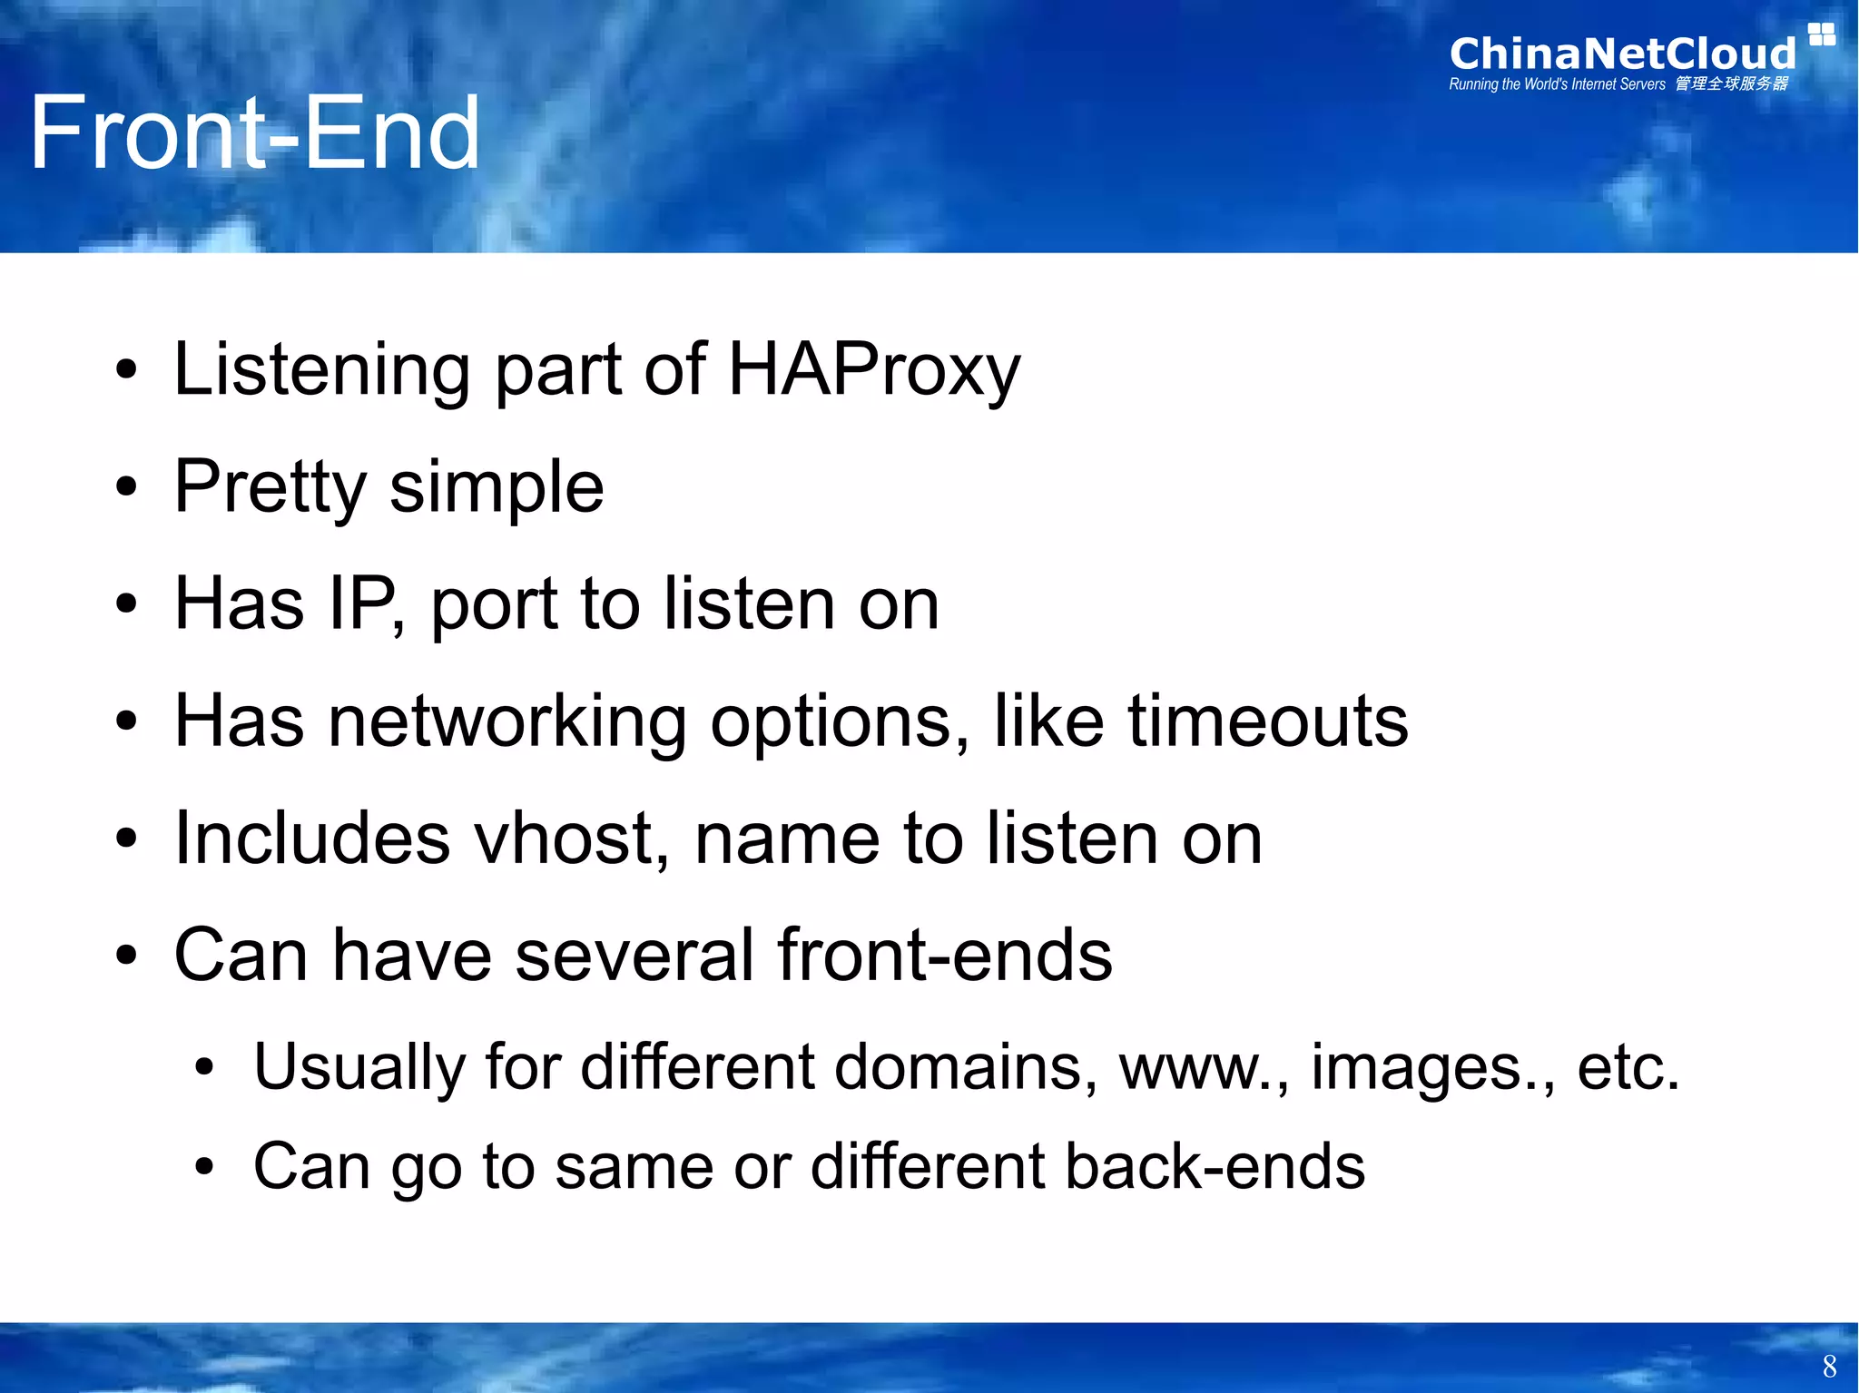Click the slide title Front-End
pos(254,134)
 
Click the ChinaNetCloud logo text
pos(1622,54)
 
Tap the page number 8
pos(1829,1366)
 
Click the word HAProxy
pos(874,370)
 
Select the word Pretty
pos(270,488)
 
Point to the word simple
pos(497,488)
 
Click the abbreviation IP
pos(362,604)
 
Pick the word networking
pos(507,721)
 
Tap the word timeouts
pos(1267,721)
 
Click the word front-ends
pos(944,956)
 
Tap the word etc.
pos(1628,1067)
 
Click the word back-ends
pos(1215,1167)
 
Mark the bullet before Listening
pos(126,371)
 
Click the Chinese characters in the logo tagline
pos(1731,84)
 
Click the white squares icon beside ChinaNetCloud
pos(1821,34)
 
